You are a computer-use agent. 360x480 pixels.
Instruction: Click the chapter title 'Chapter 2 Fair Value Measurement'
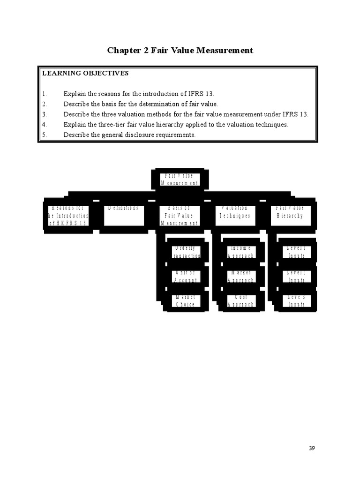[x=180, y=50]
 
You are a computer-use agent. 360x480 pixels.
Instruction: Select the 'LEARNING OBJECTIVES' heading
[x=85, y=74]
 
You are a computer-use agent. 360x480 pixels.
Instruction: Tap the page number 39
[x=312, y=448]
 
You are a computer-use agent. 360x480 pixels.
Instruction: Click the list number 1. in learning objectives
[x=45, y=94]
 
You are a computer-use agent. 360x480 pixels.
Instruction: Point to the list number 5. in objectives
[x=45, y=135]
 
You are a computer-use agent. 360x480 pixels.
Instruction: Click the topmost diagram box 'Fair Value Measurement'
[x=180, y=179]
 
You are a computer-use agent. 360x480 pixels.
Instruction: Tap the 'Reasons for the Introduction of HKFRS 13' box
[x=68, y=215]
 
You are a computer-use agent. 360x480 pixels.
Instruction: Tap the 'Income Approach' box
[x=240, y=252]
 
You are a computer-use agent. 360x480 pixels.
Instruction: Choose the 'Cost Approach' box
[x=240, y=300]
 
